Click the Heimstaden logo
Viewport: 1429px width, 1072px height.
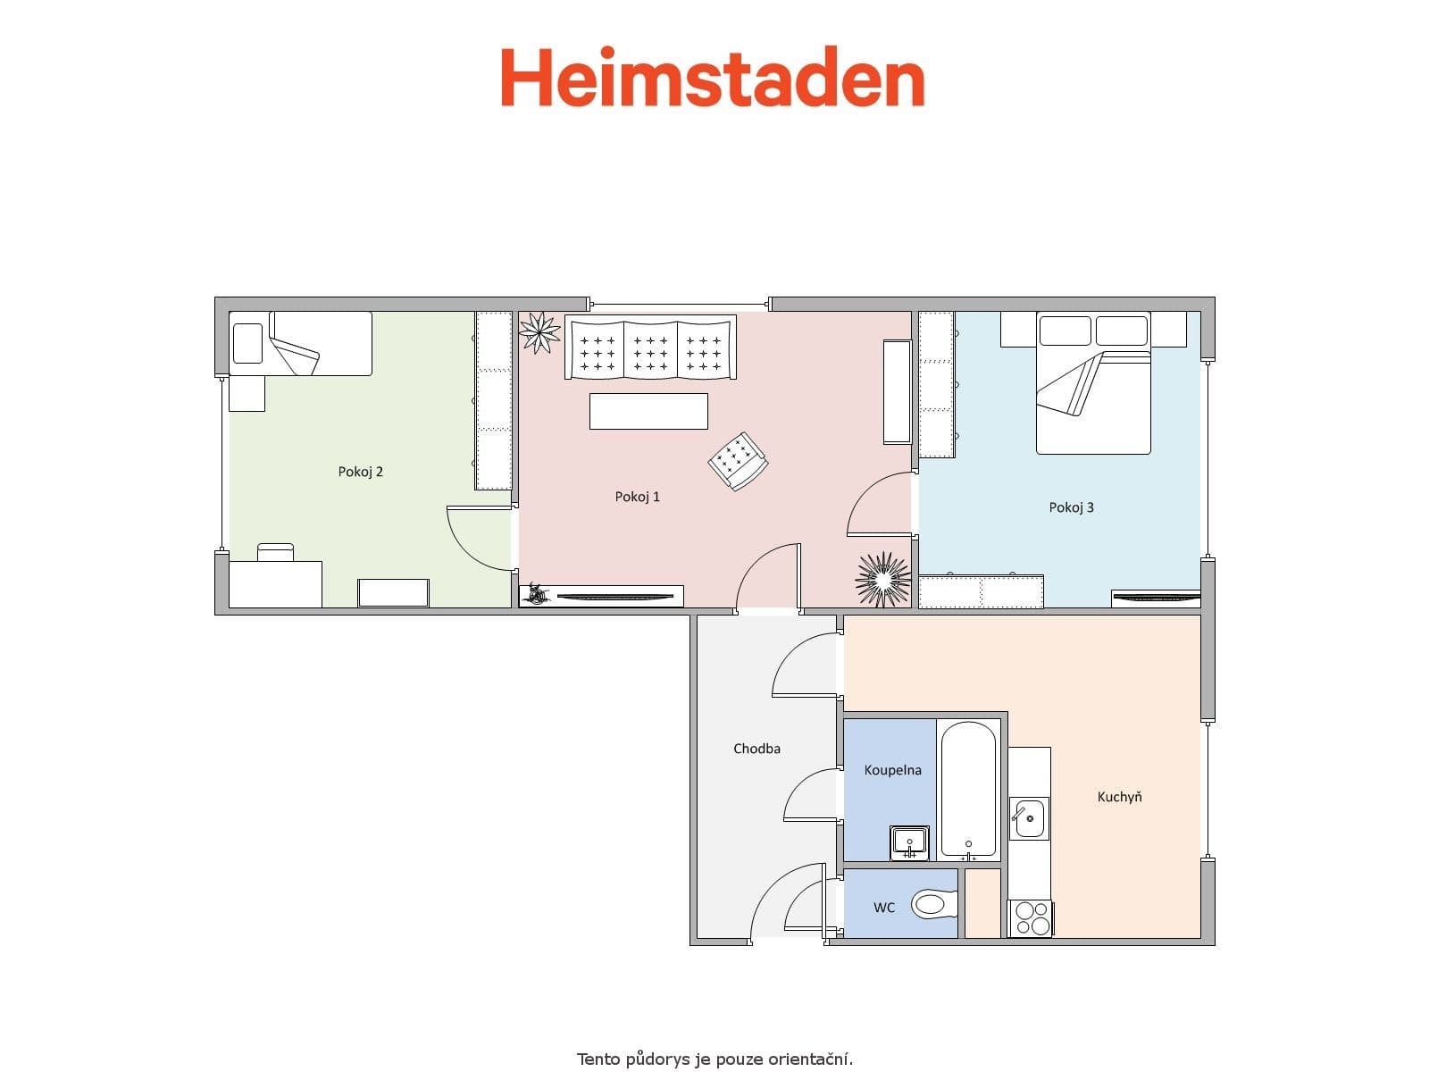click(712, 79)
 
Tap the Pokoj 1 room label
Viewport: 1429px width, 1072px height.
click(637, 497)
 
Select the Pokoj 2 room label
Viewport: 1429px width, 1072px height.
click(360, 472)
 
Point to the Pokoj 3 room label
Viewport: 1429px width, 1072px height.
click(1071, 507)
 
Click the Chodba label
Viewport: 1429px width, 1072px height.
click(756, 749)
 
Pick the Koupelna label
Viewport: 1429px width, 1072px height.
click(892, 770)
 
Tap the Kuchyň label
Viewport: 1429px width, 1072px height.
click(1119, 797)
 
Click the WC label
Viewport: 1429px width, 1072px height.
click(883, 908)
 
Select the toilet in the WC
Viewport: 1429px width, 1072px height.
click(932, 905)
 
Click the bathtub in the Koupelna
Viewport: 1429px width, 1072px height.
click(968, 790)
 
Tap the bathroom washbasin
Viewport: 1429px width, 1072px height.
click(910, 842)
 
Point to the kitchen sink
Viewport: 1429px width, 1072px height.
click(1028, 818)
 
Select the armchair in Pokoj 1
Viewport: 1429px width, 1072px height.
click(738, 461)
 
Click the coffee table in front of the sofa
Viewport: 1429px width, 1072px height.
click(648, 411)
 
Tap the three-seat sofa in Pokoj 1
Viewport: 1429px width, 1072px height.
click(650, 348)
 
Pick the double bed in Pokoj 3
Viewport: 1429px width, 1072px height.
click(1093, 384)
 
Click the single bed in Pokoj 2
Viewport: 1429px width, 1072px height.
click(301, 344)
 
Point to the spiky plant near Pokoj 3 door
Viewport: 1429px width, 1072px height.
click(882, 579)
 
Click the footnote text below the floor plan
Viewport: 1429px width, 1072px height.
click(714, 1059)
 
